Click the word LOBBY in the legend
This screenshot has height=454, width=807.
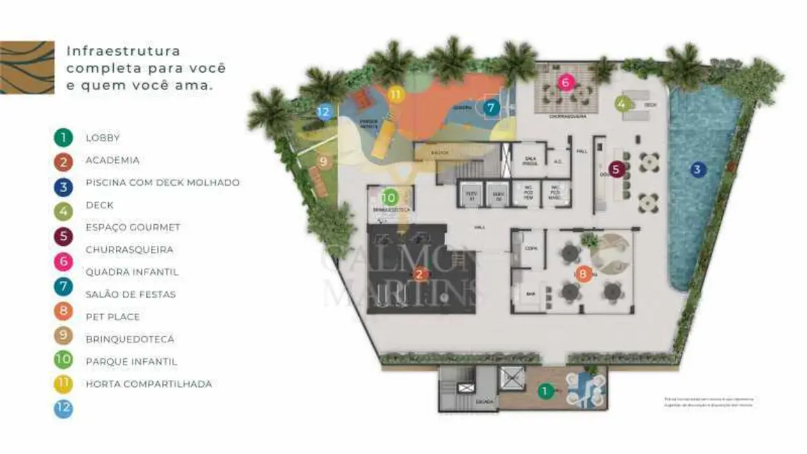tap(103, 138)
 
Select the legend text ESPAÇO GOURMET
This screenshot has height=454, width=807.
tap(133, 227)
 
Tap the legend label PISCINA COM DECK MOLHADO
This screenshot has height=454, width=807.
tap(163, 182)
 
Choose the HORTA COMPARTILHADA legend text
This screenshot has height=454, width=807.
tap(149, 383)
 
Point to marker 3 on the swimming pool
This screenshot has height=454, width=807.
tap(696, 168)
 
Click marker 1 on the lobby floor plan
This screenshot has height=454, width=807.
tap(545, 391)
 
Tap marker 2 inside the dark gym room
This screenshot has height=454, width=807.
tap(420, 274)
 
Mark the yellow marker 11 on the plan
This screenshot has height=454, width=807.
tap(396, 94)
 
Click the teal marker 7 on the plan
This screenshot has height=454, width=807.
tap(491, 108)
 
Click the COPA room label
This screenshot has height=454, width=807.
tap(531, 247)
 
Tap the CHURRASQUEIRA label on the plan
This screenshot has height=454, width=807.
tap(567, 117)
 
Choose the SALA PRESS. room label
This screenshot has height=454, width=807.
tap(530, 160)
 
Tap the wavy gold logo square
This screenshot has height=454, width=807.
tap(27, 67)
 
